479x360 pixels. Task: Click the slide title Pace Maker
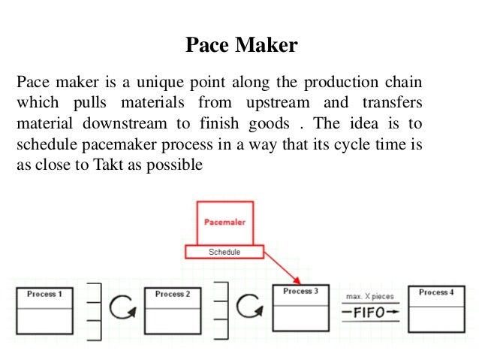(241, 47)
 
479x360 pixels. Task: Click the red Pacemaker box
(225, 222)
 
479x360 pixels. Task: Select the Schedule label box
(224, 253)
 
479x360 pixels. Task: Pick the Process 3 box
(300, 307)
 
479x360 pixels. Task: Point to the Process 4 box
(436, 307)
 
